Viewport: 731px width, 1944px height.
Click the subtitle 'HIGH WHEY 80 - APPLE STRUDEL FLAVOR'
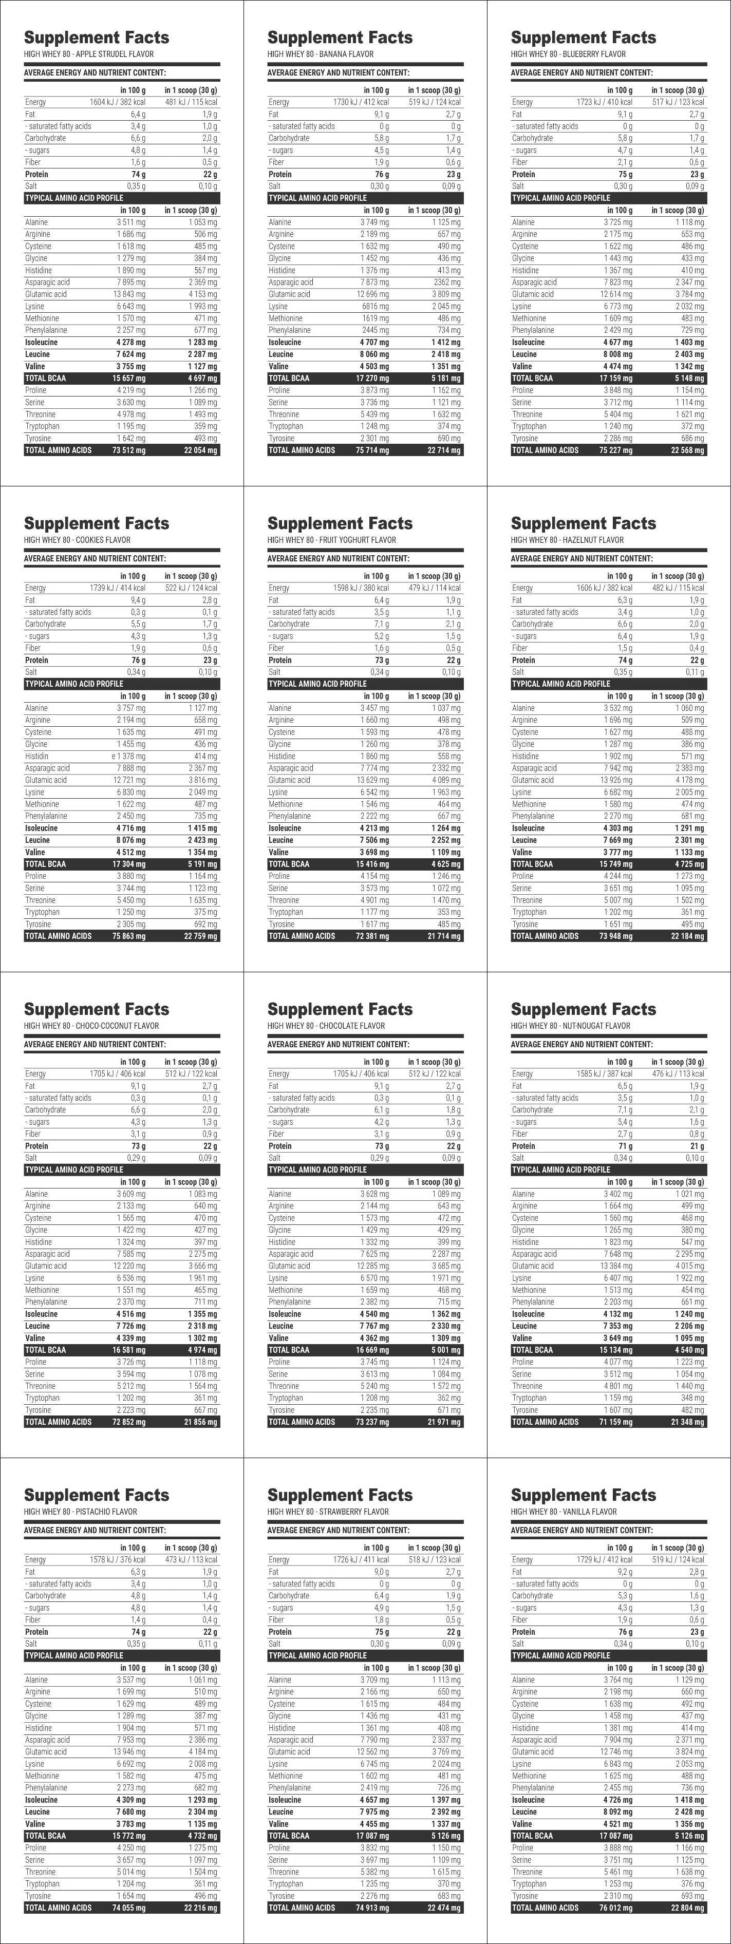[x=89, y=54]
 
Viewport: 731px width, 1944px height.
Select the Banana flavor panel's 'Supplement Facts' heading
[x=340, y=37]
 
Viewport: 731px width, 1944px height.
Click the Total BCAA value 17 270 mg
[x=373, y=378]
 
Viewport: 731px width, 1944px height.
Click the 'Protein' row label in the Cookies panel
[x=36, y=660]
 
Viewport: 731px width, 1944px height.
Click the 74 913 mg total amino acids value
[x=373, y=1908]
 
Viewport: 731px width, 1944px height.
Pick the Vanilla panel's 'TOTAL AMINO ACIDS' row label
[x=545, y=1908]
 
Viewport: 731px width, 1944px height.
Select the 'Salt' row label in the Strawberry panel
[x=274, y=1644]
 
